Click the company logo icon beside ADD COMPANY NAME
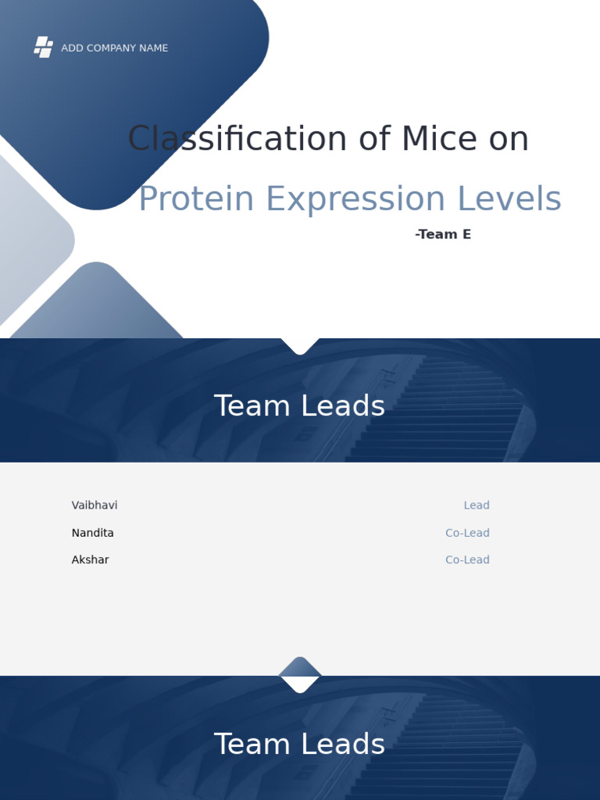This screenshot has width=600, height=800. tap(44, 48)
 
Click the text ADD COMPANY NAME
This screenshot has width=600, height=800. tap(114, 48)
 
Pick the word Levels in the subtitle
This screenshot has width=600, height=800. tap(509, 199)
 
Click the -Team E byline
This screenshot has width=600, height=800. tap(443, 234)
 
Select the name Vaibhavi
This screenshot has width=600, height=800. tap(95, 505)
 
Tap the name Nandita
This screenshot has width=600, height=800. tap(92, 533)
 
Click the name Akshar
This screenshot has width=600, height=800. tap(90, 560)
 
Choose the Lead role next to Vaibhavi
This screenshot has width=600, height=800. tap(477, 505)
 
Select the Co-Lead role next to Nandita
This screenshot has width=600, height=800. tap(467, 533)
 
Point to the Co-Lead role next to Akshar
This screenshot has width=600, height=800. tap(467, 560)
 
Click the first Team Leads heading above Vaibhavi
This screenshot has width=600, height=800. tap(299, 406)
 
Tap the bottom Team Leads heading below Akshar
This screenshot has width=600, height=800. tap(299, 745)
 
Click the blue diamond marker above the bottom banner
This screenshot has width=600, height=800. tap(300, 666)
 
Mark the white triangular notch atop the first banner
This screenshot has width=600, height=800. tap(300, 345)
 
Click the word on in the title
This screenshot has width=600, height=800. tap(509, 140)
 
